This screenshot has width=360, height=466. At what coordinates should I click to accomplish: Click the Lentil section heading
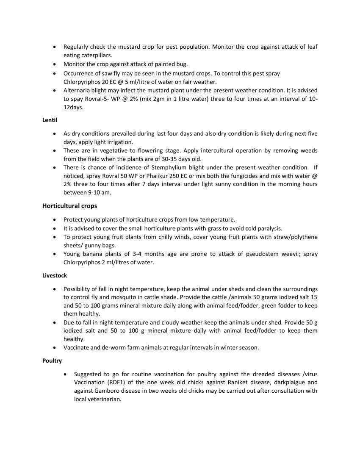[x=50, y=120]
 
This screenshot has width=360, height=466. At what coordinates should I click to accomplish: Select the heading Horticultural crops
[x=69, y=206]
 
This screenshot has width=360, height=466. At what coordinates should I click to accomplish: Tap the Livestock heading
[x=55, y=276]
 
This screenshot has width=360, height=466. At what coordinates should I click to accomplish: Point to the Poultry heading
[x=52, y=361]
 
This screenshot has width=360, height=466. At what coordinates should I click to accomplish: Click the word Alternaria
[x=78, y=91]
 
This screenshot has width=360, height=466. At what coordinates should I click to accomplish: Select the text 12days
[x=73, y=108]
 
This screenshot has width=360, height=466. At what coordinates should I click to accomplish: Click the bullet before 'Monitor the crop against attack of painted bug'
[x=55, y=64]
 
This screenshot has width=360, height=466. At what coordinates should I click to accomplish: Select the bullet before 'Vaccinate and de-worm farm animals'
[x=55, y=348]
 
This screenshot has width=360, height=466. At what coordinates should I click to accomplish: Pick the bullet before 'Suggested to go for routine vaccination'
[x=65, y=374]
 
